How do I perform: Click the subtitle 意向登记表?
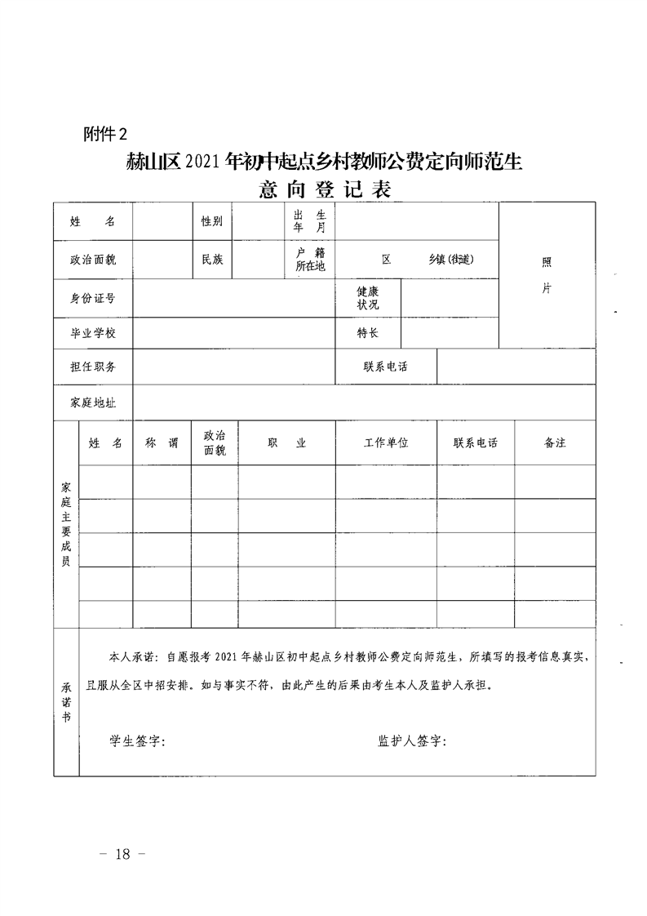coord(325,190)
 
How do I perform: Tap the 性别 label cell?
coord(212,222)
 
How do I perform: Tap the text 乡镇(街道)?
coord(450,260)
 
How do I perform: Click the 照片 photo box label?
coord(547,275)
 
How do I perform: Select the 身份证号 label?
coord(93,298)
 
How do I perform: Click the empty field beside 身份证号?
coord(233,298)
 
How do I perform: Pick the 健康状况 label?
coord(367,298)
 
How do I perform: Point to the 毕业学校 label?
coord(93,333)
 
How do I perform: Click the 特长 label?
coord(367,333)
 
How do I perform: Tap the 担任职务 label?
coord(93,367)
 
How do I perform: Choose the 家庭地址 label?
coord(93,402)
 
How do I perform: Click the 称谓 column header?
coord(162,442)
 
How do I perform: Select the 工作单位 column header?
coord(386,442)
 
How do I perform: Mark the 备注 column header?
coord(555,442)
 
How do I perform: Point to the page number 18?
coord(122,855)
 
